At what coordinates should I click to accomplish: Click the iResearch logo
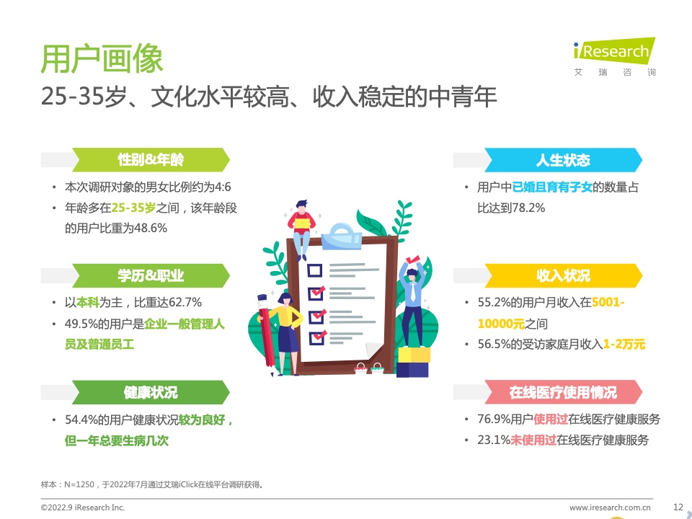pos(614,56)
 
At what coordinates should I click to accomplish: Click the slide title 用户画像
pos(102,58)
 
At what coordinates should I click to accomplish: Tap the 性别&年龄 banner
pos(151,160)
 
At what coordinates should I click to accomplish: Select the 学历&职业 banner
pos(151,276)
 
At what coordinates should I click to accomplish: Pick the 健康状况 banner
pos(151,392)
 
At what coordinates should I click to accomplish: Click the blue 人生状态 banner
pos(563,160)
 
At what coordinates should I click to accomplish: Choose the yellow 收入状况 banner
pos(563,276)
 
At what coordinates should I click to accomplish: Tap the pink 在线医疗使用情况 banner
pos(563,392)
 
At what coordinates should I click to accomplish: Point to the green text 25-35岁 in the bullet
pos(133,208)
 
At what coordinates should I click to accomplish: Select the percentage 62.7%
pos(185,302)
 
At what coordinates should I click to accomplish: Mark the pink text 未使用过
pos(533,440)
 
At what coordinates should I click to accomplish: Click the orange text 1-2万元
pos(624,345)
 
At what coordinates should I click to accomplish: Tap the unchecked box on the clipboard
pos(315,270)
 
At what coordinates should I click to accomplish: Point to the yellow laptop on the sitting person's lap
pos(302,223)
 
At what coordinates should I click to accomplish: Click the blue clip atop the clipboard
pos(342,237)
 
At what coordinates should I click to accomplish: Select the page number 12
pos(678,507)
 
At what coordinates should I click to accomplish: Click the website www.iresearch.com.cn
pos(610,507)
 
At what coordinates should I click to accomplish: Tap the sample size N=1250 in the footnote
pos(79,484)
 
